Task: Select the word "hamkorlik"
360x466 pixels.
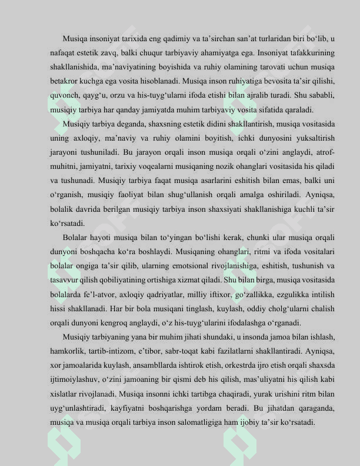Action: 66,351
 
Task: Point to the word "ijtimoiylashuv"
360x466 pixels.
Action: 74,379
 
